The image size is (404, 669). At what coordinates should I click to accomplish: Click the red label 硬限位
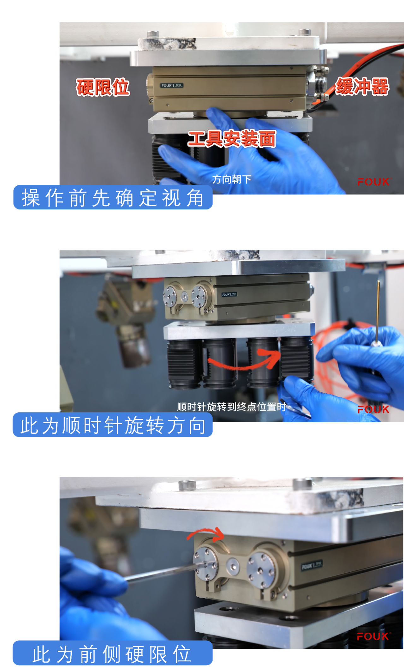(x=103, y=87)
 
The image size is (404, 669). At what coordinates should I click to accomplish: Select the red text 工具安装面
(x=232, y=139)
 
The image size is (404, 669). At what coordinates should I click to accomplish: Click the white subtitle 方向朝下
(x=231, y=179)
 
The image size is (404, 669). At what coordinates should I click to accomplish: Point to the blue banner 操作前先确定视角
(x=113, y=197)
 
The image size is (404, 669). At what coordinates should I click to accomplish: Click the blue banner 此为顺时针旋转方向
(x=113, y=425)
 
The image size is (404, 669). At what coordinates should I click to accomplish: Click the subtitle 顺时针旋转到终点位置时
(x=231, y=407)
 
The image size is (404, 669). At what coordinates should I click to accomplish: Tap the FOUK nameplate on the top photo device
(x=171, y=86)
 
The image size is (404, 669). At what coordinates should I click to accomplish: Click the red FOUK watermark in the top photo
(x=374, y=182)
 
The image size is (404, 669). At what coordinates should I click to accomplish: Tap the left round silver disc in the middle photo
(x=170, y=297)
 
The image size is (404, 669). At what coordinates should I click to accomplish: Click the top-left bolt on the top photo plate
(x=153, y=33)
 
